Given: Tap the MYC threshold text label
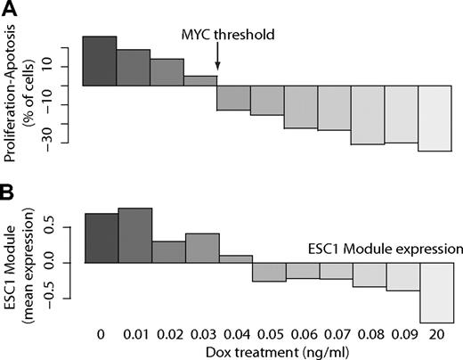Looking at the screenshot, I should click(226, 36).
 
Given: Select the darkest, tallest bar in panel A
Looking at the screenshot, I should click(100, 61).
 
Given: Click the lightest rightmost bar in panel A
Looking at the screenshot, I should click(435, 119).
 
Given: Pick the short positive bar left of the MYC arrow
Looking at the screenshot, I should click(200, 81).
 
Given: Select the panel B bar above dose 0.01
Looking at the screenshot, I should click(134, 236).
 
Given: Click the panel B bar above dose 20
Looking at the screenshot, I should click(436, 293).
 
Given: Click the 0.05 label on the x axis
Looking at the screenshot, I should click(269, 333).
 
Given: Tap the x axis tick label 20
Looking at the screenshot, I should click(437, 333).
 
